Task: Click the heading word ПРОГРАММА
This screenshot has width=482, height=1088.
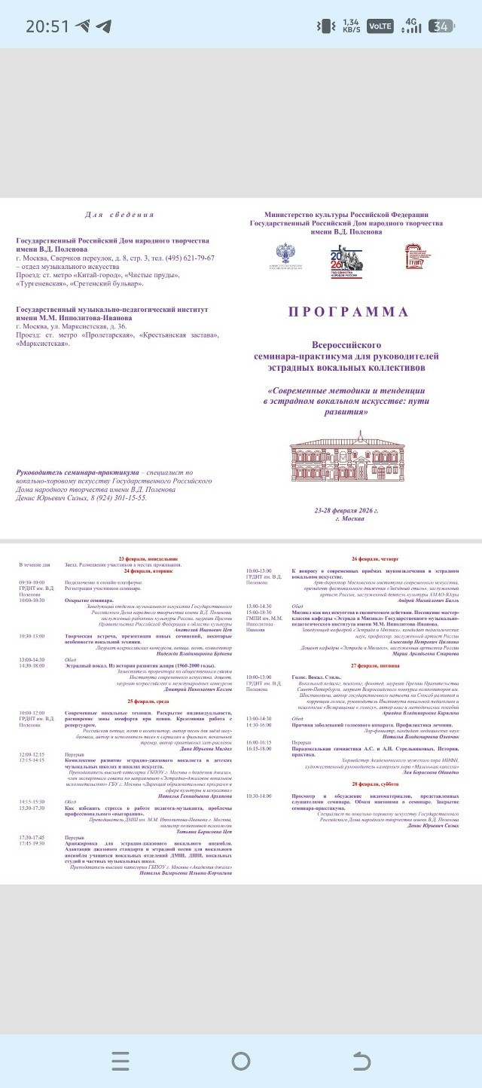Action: [x=347, y=312]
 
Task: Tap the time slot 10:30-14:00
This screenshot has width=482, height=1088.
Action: [x=259, y=796]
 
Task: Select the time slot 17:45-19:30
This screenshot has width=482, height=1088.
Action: [x=32, y=843]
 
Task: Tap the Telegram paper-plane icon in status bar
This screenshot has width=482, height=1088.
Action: [x=102, y=26]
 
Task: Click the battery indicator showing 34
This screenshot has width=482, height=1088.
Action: [x=441, y=26]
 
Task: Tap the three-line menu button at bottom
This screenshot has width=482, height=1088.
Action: [x=120, y=1061]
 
